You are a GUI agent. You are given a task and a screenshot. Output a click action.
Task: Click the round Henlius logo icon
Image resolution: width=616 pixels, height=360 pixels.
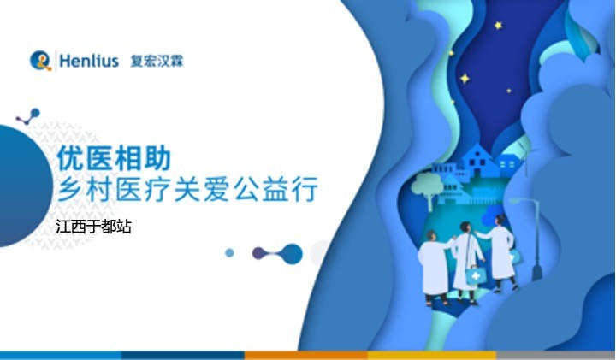pos(40,61)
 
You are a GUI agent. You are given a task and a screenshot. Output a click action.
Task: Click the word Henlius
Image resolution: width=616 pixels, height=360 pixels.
pos(89,62)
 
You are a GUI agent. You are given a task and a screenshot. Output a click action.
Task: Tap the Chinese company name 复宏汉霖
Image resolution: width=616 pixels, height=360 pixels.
pos(157,62)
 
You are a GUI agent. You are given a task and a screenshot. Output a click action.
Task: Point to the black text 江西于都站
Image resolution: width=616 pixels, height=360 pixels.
pos(92,227)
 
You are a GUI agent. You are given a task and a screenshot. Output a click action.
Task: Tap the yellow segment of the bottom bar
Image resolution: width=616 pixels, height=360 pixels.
pos(431,354)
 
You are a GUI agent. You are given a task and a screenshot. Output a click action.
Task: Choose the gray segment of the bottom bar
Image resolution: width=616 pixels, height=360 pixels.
pos(555,354)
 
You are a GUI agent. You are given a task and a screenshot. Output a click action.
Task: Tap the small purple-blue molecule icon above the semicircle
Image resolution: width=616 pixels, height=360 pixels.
pos(28,115)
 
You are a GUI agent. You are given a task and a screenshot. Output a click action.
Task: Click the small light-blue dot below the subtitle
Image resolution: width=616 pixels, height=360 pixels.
pos(229,253)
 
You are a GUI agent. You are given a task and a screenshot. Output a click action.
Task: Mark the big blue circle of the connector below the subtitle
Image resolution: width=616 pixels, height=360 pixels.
pos(292,253)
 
